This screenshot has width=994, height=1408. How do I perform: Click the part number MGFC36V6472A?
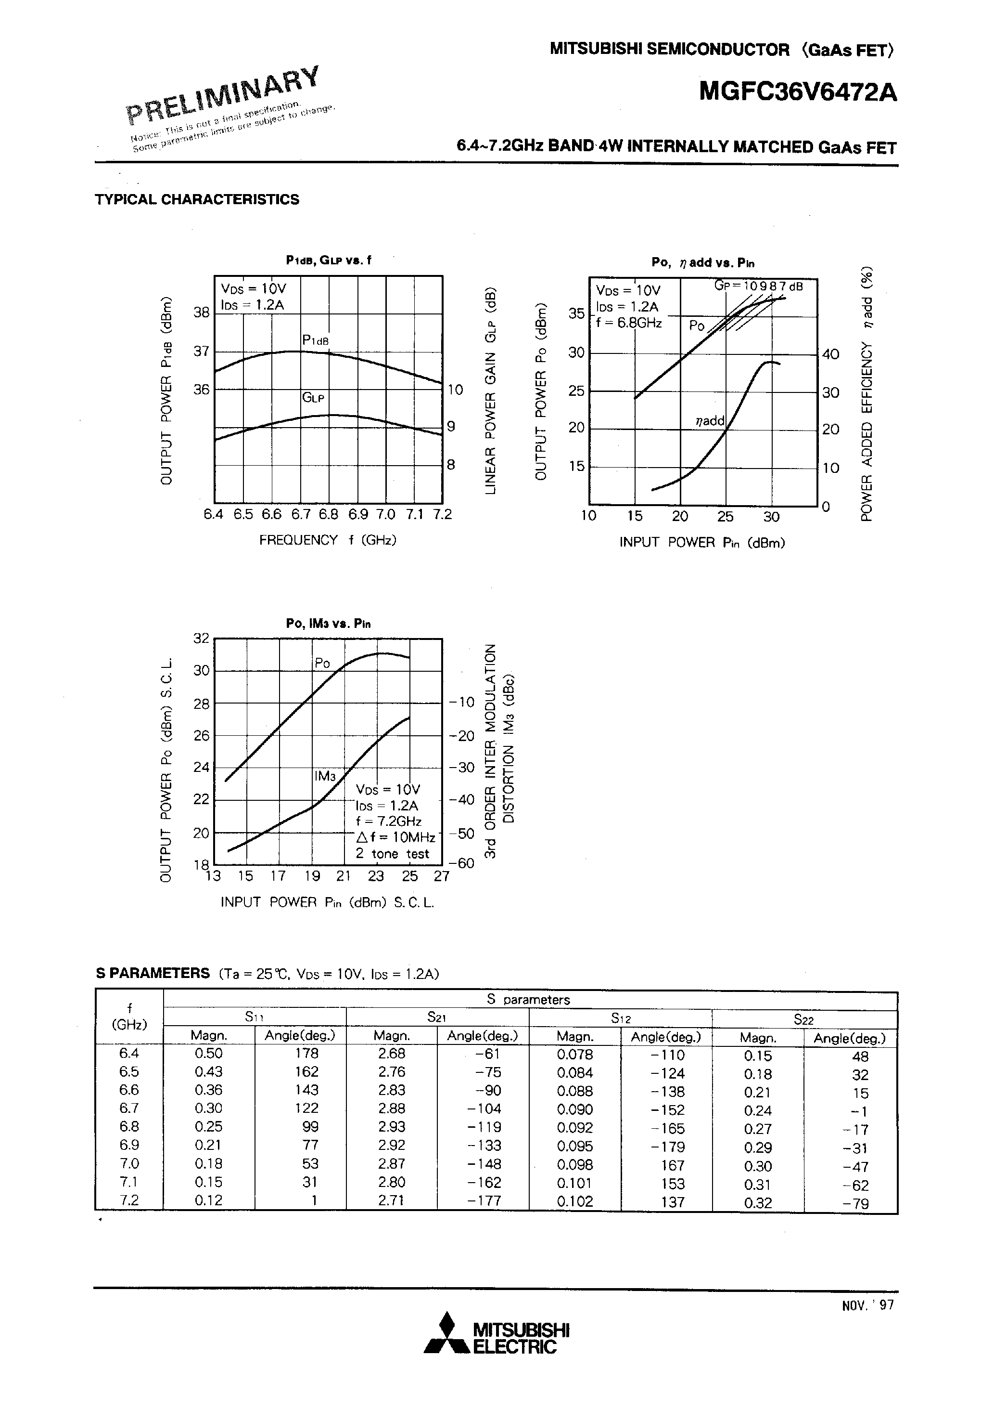point(798,92)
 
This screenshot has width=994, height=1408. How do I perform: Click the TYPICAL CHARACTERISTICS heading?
point(197,199)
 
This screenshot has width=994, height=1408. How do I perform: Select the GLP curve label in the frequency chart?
point(313,397)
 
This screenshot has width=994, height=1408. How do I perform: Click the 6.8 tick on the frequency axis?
point(329,514)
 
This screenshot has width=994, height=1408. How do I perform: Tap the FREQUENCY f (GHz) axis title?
point(328,540)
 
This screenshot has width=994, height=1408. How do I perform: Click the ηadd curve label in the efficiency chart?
point(710,421)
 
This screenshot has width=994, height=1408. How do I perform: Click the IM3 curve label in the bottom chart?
point(325,776)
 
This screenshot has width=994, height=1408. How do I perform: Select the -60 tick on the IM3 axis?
point(462,863)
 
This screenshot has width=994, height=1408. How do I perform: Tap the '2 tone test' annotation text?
point(392,854)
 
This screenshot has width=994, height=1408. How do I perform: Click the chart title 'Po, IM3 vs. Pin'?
point(329,624)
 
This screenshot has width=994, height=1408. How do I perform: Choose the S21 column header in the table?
point(436,1017)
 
